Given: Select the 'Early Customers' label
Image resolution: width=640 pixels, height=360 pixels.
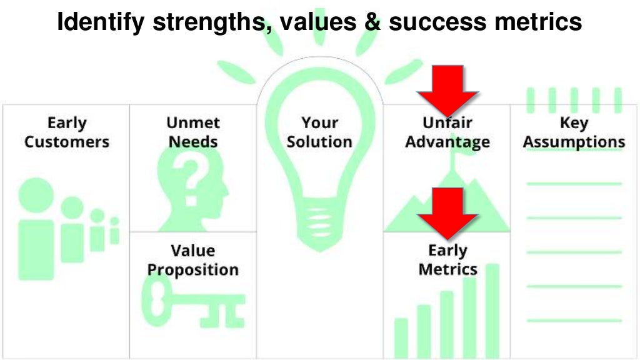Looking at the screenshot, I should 66,132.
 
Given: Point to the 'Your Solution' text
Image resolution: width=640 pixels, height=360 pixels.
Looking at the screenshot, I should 319,132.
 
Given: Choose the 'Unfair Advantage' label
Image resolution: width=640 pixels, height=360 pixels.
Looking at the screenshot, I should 447,132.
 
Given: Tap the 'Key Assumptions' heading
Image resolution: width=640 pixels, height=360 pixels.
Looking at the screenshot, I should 574,132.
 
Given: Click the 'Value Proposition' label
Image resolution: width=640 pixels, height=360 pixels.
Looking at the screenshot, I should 192,261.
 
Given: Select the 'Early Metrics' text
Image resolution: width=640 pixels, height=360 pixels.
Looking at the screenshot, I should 447,260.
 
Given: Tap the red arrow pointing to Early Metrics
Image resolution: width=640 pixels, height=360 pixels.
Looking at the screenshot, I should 448,212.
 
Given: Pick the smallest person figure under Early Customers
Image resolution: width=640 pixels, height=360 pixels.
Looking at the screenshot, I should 114,231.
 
